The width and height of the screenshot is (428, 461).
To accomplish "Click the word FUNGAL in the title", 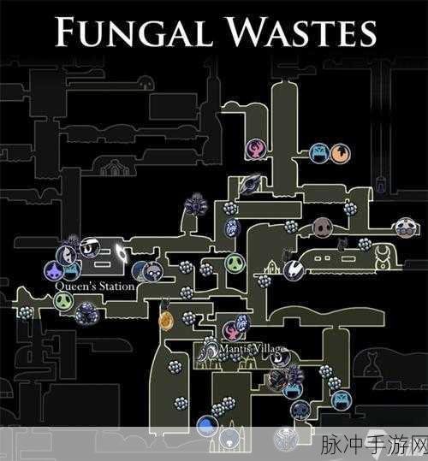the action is tap(134, 31).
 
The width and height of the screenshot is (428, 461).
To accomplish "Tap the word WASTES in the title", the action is tap(302, 31).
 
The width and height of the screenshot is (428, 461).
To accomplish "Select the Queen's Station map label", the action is tap(95, 286).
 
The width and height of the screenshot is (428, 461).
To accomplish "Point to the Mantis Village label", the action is tap(253, 349).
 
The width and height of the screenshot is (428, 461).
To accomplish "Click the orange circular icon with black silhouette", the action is tap(341, 153).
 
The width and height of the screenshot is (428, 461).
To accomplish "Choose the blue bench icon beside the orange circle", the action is tap(319, 153).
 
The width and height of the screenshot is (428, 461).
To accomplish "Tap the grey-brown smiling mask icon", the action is tap(323, 227).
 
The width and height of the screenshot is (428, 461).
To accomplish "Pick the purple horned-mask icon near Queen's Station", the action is tap(54, 271).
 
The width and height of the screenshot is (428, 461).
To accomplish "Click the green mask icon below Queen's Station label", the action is tap(63, 301).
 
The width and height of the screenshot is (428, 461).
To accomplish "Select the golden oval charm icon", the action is tap(165, 321).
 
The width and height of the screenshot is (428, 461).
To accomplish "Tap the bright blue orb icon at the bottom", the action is tap(207, 426).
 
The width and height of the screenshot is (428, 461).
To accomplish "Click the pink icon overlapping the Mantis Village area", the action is tap(232, 330).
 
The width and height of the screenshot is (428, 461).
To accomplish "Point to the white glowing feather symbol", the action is tap(122, 253).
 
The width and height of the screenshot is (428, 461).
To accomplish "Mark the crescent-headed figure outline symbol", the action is tap(383, 258).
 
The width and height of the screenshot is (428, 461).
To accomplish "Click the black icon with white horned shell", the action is tap(294, 270).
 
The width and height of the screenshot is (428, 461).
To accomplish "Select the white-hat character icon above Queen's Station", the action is tap(90, 247).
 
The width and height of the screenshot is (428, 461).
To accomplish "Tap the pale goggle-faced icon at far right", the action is tap(406, 228).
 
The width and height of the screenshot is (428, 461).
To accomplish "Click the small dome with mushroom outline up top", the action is tap(146, 83).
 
